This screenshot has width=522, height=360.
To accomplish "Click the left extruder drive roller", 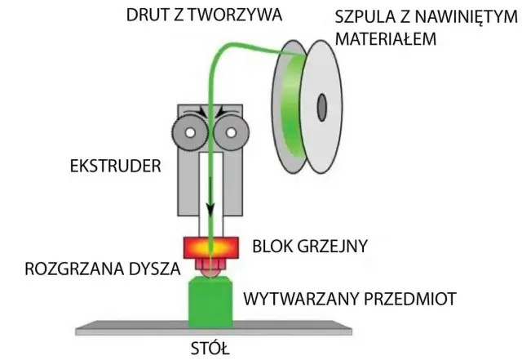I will (188, 131).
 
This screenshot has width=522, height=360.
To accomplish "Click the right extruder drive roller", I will (231, 131).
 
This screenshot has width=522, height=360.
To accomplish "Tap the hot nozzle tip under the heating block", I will (210, 268).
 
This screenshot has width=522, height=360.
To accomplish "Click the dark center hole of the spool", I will (321, 105).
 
